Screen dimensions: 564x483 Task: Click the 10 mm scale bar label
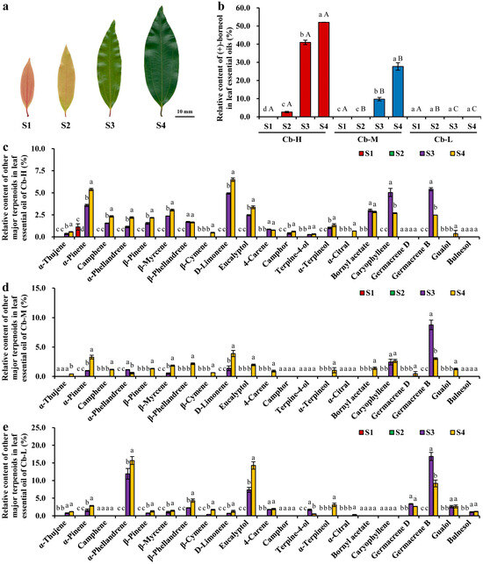[184, 112]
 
